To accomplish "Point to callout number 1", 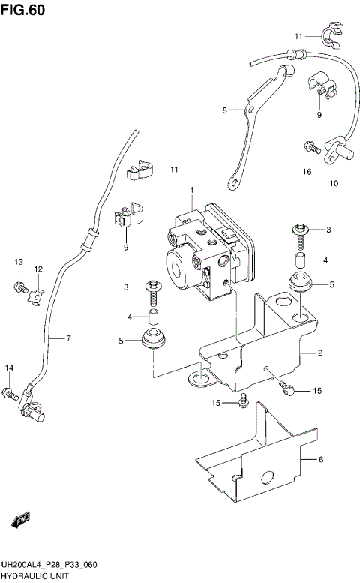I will [192, 189].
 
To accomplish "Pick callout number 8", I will [223, 110].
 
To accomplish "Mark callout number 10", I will [334, 182].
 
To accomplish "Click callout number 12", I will [37, 269].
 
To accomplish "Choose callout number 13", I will [18, 260].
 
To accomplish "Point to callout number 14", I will [10, 367].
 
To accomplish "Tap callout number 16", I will [307, 171].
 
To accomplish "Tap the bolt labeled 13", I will [19, 286].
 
